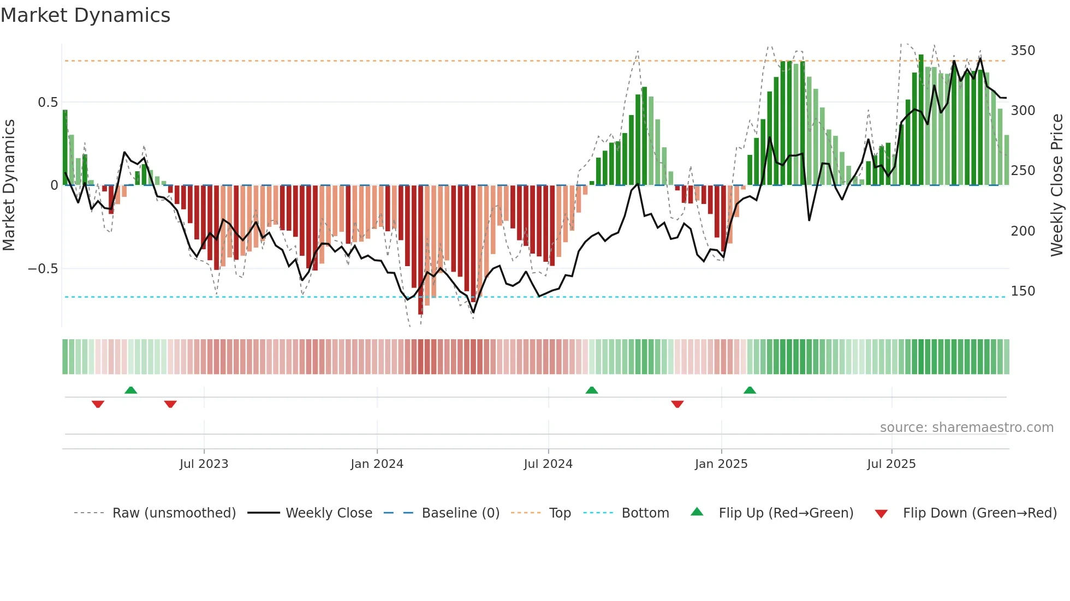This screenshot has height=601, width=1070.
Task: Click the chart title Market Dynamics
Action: [85, 15]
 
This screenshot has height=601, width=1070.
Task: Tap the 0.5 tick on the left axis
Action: [47, 103]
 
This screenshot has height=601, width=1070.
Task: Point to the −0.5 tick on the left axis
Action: [43, 269]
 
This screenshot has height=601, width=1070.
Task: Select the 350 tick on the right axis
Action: [1023, 51]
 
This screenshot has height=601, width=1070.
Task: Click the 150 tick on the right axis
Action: [1023, 291]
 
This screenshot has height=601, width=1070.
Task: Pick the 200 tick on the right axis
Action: [1023, 231]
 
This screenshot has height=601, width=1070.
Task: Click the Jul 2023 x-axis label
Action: [204, 464]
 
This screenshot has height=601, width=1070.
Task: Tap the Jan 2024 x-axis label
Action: [377, 464]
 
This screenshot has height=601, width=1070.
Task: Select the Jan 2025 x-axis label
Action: [721, 464]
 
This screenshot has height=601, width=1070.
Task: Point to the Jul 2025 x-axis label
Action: [891, 464]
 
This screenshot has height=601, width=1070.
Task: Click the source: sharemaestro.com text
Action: [966, 428]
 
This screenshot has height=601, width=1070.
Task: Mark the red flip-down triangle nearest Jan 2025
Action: [677, 404]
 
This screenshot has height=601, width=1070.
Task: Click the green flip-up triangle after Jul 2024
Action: [591, 390]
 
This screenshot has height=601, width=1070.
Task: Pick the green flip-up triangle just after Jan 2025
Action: [750, 390]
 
